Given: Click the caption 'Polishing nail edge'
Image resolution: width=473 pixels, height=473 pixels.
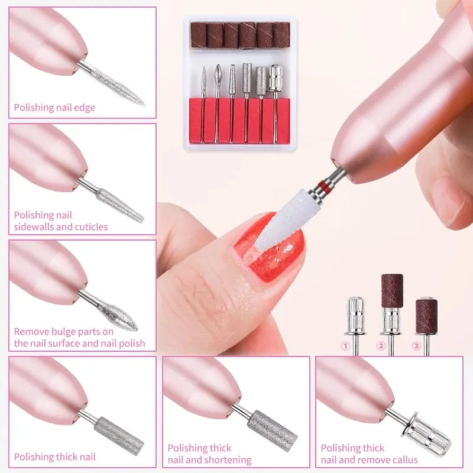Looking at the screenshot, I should [54, 108].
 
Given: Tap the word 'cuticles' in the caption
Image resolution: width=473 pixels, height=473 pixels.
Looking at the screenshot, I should [90, 227].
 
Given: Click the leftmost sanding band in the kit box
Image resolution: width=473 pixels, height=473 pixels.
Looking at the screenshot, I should [198, 35].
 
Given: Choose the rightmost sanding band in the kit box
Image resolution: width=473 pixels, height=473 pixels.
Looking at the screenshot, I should [281, 35].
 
